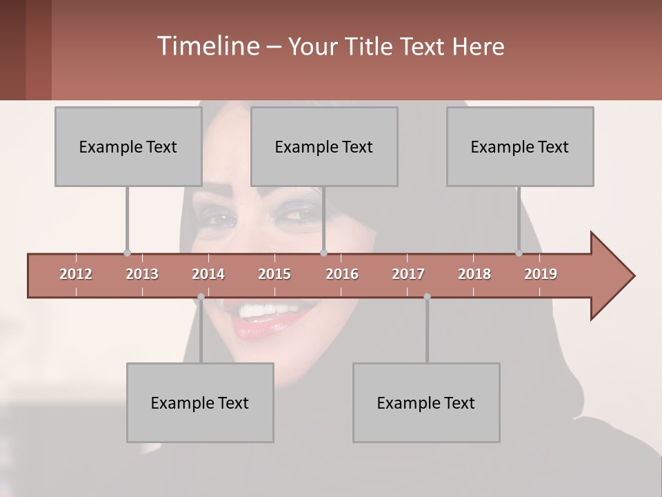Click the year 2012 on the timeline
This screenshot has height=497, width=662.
pyautogui.click(x=76, y=274)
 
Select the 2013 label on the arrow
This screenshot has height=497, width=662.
pyautogui.click(x=142, y=274)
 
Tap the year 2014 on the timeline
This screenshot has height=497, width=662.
pyautogui.click(x=208, y=274)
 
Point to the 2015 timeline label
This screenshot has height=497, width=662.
pyautogui.click(x=274, y=274)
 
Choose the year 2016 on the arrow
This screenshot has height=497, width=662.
pyautogui.click(x=342, y=274)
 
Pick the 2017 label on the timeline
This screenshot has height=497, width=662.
pyautogui.click(x=408, y=274)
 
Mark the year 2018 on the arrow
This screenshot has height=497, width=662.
pyautogui.click(x=474, y=274)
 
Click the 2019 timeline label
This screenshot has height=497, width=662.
pyautogui.click(x=541, y=274)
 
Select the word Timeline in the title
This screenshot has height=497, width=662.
pyautogui.click(x=207, y=46)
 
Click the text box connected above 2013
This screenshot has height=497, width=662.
pyautogui.click(x=128, y=146)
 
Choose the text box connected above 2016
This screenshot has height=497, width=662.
pyautogui.click(x=323, y=146)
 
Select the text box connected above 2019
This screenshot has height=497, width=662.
pyautogui.click(x=519, y=146)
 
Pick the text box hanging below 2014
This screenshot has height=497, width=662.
pyautogui.click(x=199, y=402)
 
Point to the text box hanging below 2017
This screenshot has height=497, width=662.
pyautogui.click(x=425, y=402)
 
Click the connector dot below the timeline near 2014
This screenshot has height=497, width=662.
pyautogui.click(x=201, y=297)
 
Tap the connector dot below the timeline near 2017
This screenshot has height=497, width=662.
pyautogui.click(x=427, y=297)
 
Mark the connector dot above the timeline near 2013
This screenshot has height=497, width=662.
pyautogui.click(x=127, y=253)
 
